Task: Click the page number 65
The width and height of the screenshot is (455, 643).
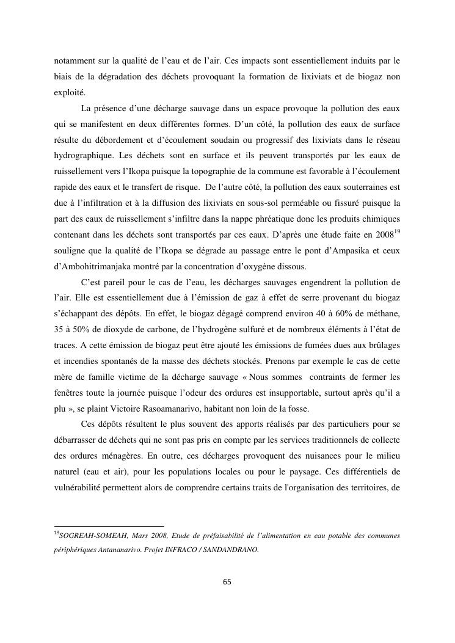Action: click(227, 581)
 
